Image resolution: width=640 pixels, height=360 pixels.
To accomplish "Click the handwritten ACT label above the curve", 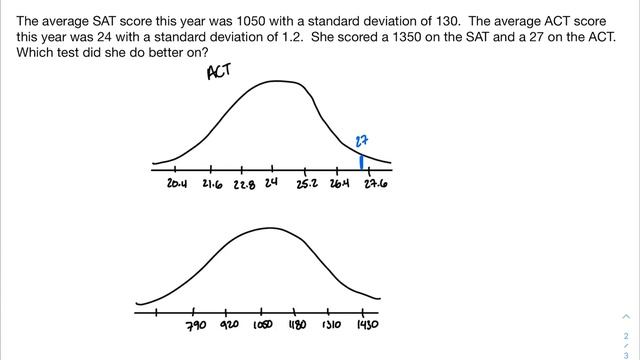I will click(x=218, y=73).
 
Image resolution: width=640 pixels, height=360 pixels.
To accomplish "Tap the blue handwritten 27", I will click(x=363, y=141).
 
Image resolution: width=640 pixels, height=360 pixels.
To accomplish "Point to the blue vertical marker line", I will click(x=361, y=161).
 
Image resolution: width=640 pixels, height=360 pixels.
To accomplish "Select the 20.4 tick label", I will click(x=178, y=184).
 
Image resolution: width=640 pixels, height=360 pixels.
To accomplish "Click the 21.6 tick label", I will click(x=212, y=184).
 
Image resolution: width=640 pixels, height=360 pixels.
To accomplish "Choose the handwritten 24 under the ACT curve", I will click(x=271, y=184).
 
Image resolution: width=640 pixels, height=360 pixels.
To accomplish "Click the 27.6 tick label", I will click(x=376, y=184).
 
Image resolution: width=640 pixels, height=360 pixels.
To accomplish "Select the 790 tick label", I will click(x=195, y=326).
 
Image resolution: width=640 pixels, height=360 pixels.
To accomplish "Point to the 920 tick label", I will click(x=229, y=326).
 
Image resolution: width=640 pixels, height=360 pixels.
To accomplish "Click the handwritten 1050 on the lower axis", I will click(x=263, y=326).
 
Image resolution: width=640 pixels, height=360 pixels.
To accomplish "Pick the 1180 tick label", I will click(x=298, y=326).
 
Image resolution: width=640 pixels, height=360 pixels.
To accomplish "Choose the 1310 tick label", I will click(x=333, y=326).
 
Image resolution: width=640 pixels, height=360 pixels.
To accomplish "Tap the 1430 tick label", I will click(x=368, y=326).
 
